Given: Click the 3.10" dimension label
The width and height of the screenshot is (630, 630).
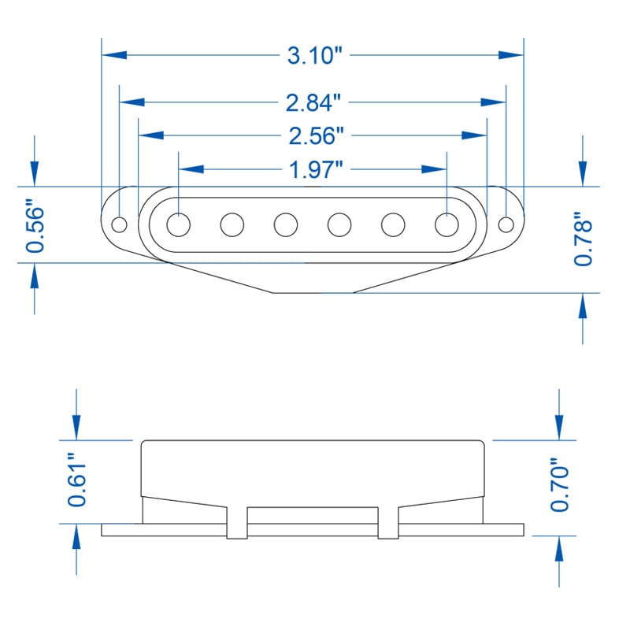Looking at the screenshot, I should [313, 56].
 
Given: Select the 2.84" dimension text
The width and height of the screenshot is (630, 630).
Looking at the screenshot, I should [313, 103].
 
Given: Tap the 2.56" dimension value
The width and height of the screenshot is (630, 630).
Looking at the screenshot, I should [313, 136].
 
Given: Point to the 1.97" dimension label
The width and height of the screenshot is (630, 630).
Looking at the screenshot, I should [313, 169].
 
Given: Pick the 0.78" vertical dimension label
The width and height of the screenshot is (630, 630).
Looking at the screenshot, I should [583, 239].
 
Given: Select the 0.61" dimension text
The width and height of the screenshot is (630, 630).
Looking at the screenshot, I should [76, 480].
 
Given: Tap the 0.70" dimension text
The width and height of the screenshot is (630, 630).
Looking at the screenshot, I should [559, 489].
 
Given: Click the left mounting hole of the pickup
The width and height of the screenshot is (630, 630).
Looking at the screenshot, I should [119, 224].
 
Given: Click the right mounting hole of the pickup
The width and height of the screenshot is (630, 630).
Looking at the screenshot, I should [506, 224].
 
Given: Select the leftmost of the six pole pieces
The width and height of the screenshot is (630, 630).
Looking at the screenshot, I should [179, 224].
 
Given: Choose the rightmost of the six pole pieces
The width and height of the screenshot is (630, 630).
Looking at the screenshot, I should [447, 224].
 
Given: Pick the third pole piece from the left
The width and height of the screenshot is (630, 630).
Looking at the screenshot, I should [286, 224].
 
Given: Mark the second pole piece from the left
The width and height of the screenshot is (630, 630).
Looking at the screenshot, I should [232, 224].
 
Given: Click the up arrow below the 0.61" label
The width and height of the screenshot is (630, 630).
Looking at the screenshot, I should [76, 539].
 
